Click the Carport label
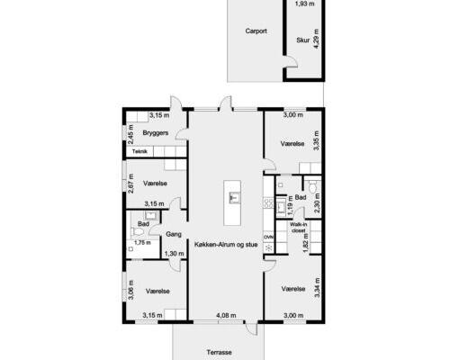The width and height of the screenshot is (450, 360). pyautogui.click(x=256, y=31)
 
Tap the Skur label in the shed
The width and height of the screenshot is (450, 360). pyautogui.click(x=302, y=40)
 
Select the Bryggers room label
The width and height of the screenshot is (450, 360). pyautogui.click(x=156, y=133)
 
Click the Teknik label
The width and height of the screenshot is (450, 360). pyautogui.click(x=139, y=151)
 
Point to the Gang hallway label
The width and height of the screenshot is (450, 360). pyautogui.click(x=174, y=234)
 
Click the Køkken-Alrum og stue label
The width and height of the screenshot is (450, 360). pyautogui.click(x=226, y=245)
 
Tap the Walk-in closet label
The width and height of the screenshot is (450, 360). pyautogui.click(x=298, y=228)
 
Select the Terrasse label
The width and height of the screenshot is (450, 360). pyautogui.click(x=220, y=352)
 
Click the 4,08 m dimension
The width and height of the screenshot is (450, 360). pyautogui.click(x=226, y=315)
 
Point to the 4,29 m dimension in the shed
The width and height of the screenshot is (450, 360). pyautogui.click(x=316, y=39)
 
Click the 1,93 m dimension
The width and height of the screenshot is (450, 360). pyautogui.click(x=305, y=4)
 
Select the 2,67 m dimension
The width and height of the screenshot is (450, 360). pyautogui.click(x=130, y=184)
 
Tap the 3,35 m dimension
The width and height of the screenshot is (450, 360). pyautogui.click(x=317, y=140)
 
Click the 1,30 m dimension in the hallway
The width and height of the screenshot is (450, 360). pyautogui.click(x=174, y=254)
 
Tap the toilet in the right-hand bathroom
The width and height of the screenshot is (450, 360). pyautogui.click(x=313, y=186)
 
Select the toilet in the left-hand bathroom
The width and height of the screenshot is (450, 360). pyautogui.click(x=138, y=231)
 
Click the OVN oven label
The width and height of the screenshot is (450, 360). pyautogui.click(x=269, y=237)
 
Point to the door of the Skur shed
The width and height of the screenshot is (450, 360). pyautogui.click(x=291, y=62)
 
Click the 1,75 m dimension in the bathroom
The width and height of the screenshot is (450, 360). pyautogui.click(x=142, y=242)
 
